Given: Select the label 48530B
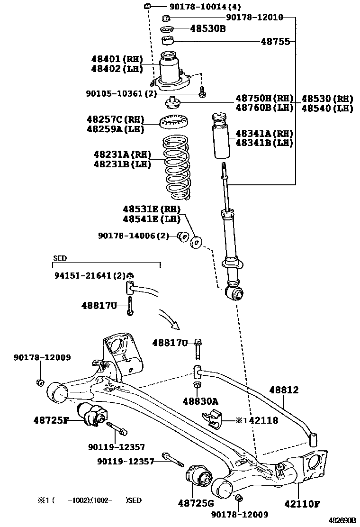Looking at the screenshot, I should (x=207, y=29).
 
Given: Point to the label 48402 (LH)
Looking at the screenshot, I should (x=117, y=69).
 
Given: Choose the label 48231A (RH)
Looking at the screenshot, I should (x=122, y=154).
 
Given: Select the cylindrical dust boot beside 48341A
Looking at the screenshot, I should (x=220, y=135).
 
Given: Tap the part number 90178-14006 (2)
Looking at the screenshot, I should (x=133, y=236).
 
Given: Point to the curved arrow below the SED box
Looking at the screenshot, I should (x=170, y=318).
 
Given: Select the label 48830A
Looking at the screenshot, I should (x=201, y=401).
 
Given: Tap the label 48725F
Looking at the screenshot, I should (x=51, y=419).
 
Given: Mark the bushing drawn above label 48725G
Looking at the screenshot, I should (x=198, y=479).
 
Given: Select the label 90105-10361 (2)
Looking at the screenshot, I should (x=121, y=94).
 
